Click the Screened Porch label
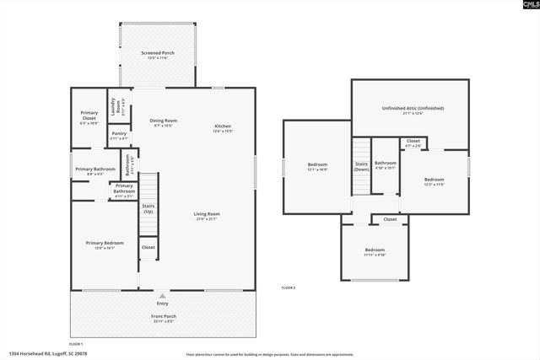158,55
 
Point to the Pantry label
119,135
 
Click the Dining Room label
164,122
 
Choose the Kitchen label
222,128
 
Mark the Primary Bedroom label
105,244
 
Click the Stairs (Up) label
148,206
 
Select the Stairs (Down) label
361,166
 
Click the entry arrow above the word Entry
161,295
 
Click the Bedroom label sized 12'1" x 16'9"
317,166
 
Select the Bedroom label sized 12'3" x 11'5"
434,181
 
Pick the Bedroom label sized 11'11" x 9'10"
375,251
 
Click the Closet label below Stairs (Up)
148,247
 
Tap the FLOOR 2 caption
289,288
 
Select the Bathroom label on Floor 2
386,164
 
